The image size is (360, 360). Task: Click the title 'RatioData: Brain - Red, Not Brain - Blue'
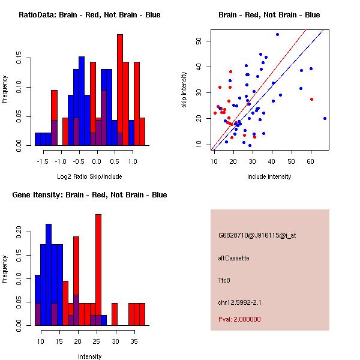pyautogui.click(x=89, y=14)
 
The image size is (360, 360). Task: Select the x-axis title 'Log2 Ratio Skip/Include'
pyautogui.click(x=89, y=176)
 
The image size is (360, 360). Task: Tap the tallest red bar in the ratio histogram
pyautogui.click(x=120, y=90)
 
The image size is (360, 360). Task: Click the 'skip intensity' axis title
pyautogui.click(x=184, y=90)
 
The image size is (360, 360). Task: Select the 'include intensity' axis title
pyautogui.click(x=269, y=176)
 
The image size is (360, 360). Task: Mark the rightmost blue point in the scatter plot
pyautogui.click(x=325, y=118)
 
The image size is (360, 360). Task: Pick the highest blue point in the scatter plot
pyautogui.click(x=277, y=34)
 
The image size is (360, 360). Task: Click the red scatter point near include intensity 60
pyautogui.click(x=311, y=99)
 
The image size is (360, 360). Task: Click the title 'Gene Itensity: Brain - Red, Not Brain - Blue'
pyautogui.click(x=89, y=194)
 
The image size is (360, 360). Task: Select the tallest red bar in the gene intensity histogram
pyautogui.click(x=98, y=269)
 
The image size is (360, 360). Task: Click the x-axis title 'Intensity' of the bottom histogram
pyautogui.click(x=89, y=356)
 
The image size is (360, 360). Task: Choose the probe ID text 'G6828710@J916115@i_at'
pyautogui.click(x=257, y=235)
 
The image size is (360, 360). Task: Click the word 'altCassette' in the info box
pyautogui.click(x=233, y=258)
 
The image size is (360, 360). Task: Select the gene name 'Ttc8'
pyautogui.click(x=224, y=280)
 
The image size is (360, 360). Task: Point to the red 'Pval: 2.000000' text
pyautogui.click(x=239, y=319)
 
